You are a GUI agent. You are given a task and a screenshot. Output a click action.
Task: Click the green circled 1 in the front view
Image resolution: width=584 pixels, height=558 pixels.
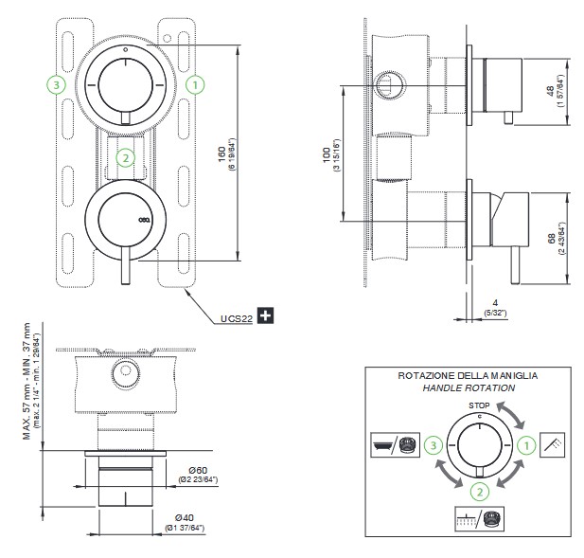tap(195, 84)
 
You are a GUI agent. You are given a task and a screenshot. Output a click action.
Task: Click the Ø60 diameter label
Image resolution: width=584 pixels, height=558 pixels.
tap(199, 469)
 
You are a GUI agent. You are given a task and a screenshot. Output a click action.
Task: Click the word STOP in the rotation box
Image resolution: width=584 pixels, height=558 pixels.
tap(479, 405)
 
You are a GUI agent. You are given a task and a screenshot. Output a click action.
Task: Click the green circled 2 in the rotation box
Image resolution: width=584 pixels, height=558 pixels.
tap(481, 490)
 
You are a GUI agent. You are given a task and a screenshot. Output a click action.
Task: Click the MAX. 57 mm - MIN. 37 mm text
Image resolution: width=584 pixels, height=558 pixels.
tap(27, 380)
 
